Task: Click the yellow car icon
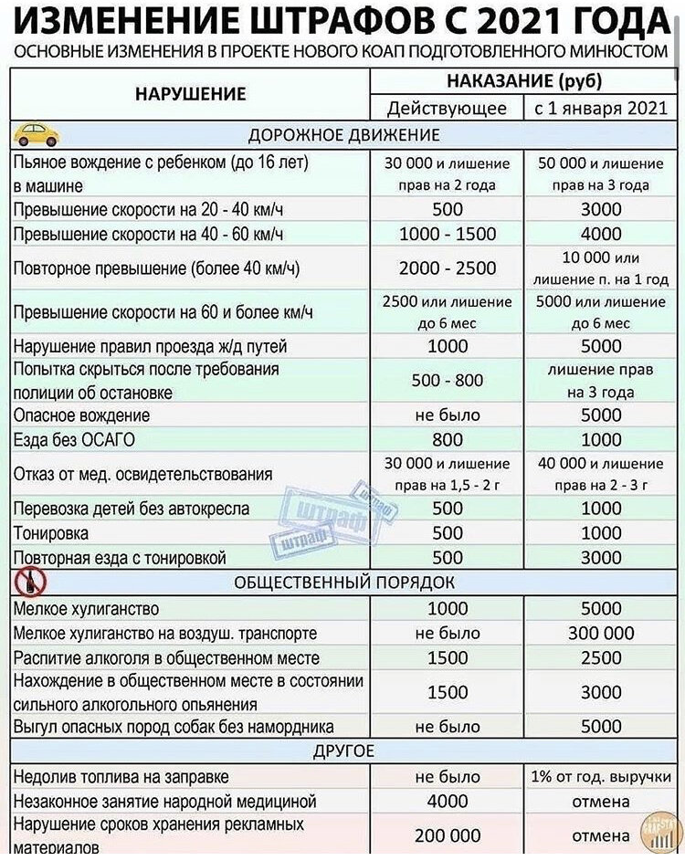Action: (x=37, y=135)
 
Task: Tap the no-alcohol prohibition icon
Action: (x=26, y=582)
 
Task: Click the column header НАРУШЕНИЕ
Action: (x=191, y=93)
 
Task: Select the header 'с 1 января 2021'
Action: (x=601, y=108)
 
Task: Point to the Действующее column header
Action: (x=447, y=108)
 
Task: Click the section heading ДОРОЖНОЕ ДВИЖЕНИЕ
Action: (x=343, y=135)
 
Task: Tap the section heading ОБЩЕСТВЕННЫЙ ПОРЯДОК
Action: (x=343, y=582)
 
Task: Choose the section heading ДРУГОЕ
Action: (x=343, y=751)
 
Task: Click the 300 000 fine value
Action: (x=601, y=633)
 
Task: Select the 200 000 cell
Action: (x=447, y=835)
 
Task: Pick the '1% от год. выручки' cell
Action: (x=601, y=777)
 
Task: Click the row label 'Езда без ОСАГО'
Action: (x=74, y=440)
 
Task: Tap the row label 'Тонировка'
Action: (x=51, y=533)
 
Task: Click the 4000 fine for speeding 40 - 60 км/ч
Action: (x=601, y=234)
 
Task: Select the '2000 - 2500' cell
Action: (x=447, y=268)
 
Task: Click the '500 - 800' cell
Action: (x=447, y=381)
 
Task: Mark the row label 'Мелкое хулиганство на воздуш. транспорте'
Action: (x=165, y=633)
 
